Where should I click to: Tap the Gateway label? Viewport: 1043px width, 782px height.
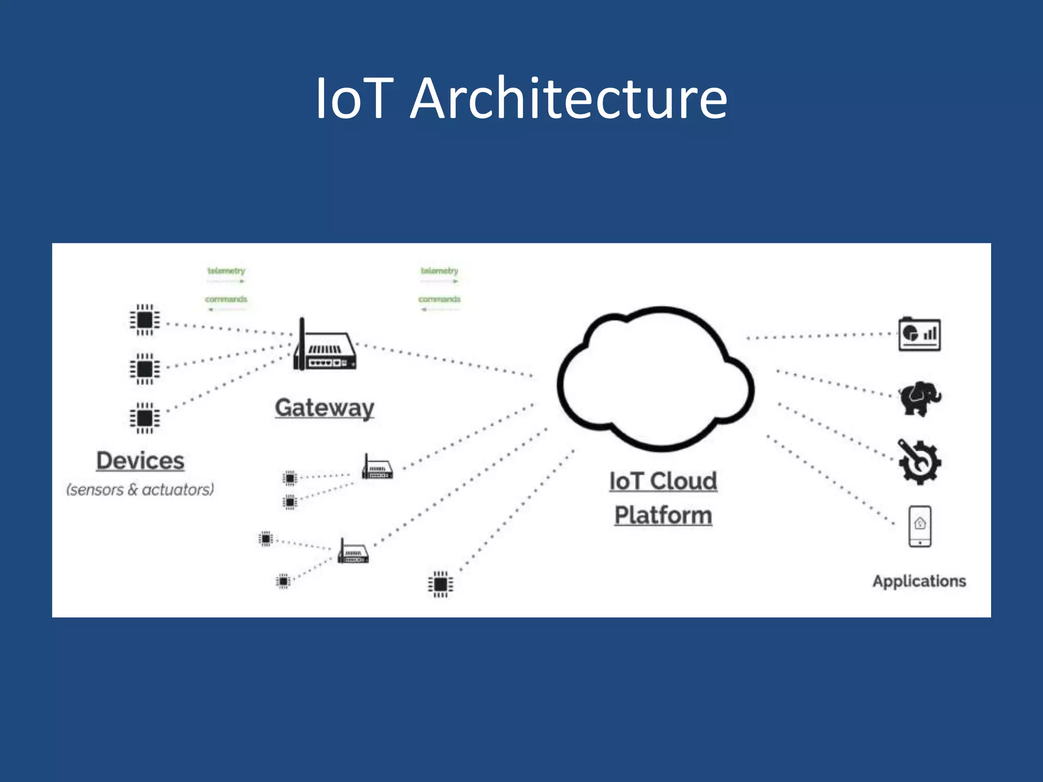tap(324, 408)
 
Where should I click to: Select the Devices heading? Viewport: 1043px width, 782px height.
tap(140, 461)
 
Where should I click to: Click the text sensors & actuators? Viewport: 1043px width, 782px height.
tap(140, 490)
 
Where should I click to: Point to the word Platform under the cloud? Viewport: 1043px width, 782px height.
tap(663, 515)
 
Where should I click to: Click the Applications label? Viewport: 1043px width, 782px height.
tap(919, 581)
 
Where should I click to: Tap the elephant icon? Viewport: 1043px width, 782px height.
tap(919, 398)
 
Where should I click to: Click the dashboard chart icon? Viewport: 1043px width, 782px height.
tap(919, 334)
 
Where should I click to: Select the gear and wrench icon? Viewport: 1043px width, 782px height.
tap(919, 462)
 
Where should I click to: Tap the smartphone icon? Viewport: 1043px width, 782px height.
tap(920, 526)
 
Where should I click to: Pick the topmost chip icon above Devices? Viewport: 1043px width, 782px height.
tap(145, 320)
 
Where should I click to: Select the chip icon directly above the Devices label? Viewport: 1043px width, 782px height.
tap(145, 418)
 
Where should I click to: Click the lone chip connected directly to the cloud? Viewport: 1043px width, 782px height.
tap(441, 584)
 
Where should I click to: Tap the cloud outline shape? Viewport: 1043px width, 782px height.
tap(656, 379)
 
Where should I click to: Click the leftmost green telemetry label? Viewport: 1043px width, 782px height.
tap(226, 271)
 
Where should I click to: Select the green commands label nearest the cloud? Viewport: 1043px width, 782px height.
tap(439, 299)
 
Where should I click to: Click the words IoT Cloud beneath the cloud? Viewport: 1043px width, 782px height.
tap(663, 481)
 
